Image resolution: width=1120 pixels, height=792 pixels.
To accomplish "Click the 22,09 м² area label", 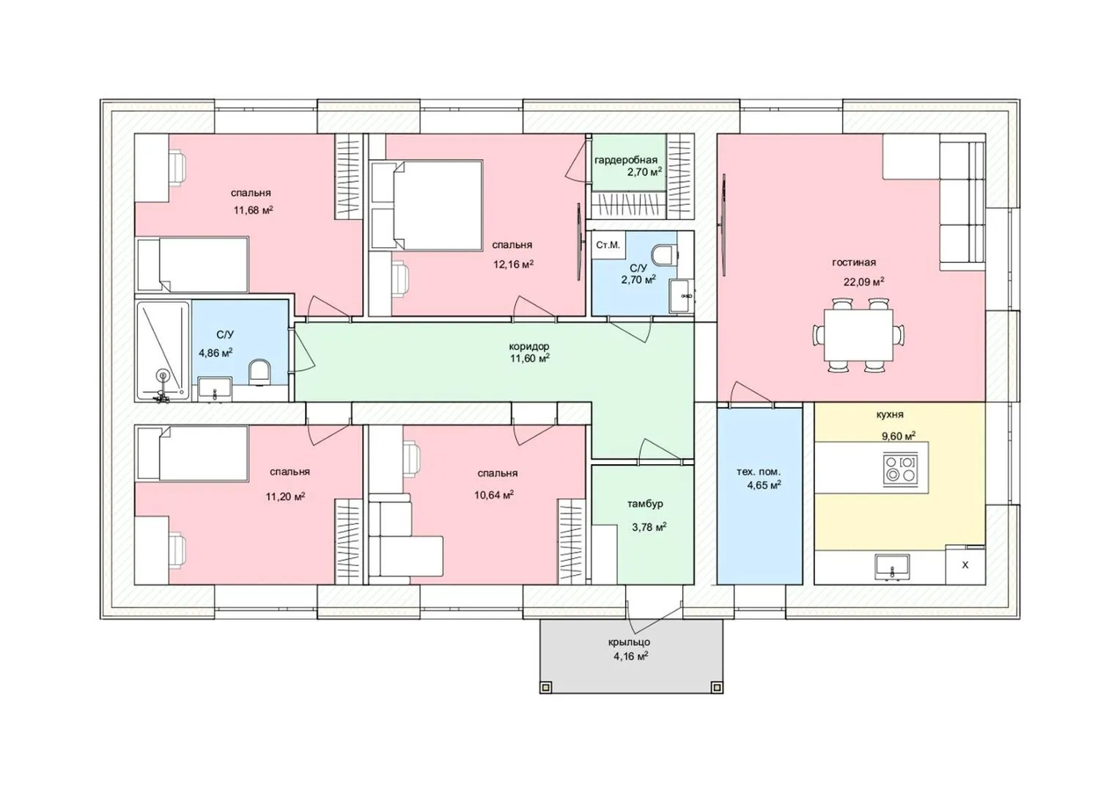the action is click(864, 281).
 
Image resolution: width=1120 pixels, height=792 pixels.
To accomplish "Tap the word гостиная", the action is click(854, 262).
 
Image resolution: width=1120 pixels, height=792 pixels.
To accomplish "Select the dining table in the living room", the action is click(858, 334).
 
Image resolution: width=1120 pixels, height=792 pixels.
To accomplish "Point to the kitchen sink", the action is click(892, 568).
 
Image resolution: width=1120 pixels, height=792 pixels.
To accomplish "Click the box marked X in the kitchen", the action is click(965, 565).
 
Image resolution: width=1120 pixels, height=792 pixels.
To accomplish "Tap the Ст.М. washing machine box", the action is click(608, 245).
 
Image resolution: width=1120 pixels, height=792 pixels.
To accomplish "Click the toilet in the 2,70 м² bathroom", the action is click(666, 254).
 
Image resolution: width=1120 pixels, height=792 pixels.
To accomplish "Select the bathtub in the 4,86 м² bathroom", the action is click(163, 351).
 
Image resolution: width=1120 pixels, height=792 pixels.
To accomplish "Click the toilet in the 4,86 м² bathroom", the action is click(259, 373).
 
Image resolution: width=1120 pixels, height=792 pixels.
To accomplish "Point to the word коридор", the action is click(529, 346).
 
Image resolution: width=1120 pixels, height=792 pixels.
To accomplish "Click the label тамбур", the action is click(645, 503).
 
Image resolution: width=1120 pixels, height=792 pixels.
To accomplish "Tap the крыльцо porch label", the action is click(629, 642).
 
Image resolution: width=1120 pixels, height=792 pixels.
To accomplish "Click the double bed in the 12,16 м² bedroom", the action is click(427, 205).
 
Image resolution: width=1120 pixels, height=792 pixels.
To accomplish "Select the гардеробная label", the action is click(625, 160).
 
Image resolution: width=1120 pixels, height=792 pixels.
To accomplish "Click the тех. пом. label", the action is click(759, 472).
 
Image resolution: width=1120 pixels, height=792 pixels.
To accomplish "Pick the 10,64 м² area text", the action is click(494, 495).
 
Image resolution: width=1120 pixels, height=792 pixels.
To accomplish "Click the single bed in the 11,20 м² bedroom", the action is click(193, 453).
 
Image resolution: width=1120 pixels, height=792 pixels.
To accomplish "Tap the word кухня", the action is click(890, 415).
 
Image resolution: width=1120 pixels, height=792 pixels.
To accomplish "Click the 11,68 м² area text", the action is click(253, 210).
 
